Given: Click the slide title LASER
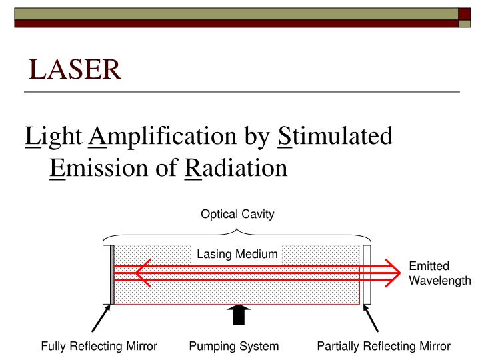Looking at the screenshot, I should tap(75, 68).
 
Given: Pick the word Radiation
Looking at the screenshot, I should tap(235, 166).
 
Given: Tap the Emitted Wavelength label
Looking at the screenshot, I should tap(439, 273).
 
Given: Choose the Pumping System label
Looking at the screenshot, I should tap(232, 346).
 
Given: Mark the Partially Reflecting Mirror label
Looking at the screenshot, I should tap(383, 346).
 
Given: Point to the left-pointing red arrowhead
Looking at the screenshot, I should tap(143, 272).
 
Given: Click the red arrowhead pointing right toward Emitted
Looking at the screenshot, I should tap(395, 272).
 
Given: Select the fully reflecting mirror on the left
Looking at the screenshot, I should tap(108, 274).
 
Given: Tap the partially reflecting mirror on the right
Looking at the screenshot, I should tap(366, 274).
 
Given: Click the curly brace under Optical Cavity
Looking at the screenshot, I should tap(237, 233).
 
